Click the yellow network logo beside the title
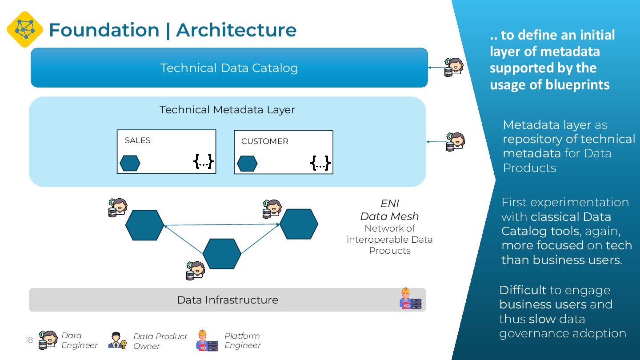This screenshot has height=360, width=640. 25,29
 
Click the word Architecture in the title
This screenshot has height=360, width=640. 236,30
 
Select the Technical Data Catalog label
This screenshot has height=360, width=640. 229,68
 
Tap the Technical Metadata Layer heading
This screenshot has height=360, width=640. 227,110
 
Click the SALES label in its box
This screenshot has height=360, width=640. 137,140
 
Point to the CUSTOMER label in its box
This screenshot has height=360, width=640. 264,141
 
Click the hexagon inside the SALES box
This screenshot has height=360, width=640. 130,163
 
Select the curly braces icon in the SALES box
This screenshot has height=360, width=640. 204,161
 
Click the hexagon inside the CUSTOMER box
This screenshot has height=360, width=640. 247,164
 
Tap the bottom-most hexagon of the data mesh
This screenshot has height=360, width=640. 222,254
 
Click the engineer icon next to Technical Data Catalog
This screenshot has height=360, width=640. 454,68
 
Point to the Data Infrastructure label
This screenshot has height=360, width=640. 227,300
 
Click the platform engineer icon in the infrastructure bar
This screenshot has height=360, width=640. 410,299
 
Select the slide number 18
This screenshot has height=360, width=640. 29,340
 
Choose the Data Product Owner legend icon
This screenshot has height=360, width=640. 117,340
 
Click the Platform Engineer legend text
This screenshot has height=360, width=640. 242,340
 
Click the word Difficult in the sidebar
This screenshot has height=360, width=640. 523,290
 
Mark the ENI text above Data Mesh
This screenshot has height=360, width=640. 389,204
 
